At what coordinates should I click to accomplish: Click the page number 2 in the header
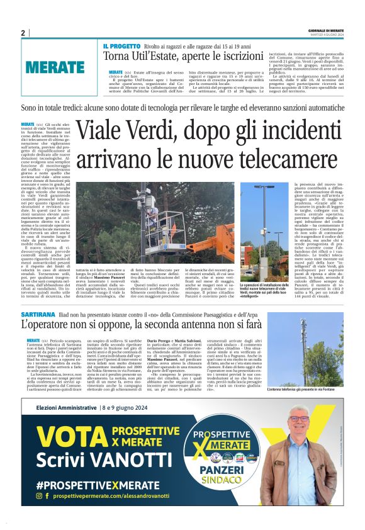coord(22,33)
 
